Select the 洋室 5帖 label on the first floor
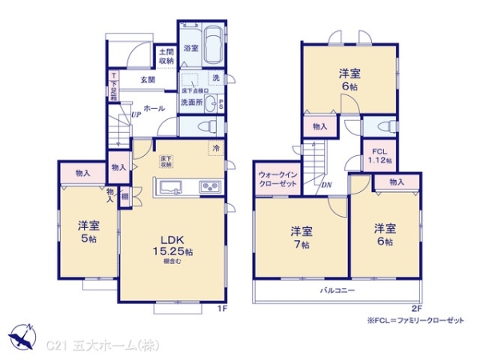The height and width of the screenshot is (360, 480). click(88, 231)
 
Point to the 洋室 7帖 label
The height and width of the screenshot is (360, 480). click(301, 238)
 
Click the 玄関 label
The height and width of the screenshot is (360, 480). click(148, 79)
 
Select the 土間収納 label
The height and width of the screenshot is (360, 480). click(166, 55)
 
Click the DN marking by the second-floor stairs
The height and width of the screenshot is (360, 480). click(326, 186)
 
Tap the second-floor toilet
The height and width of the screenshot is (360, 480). click(382, 126)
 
